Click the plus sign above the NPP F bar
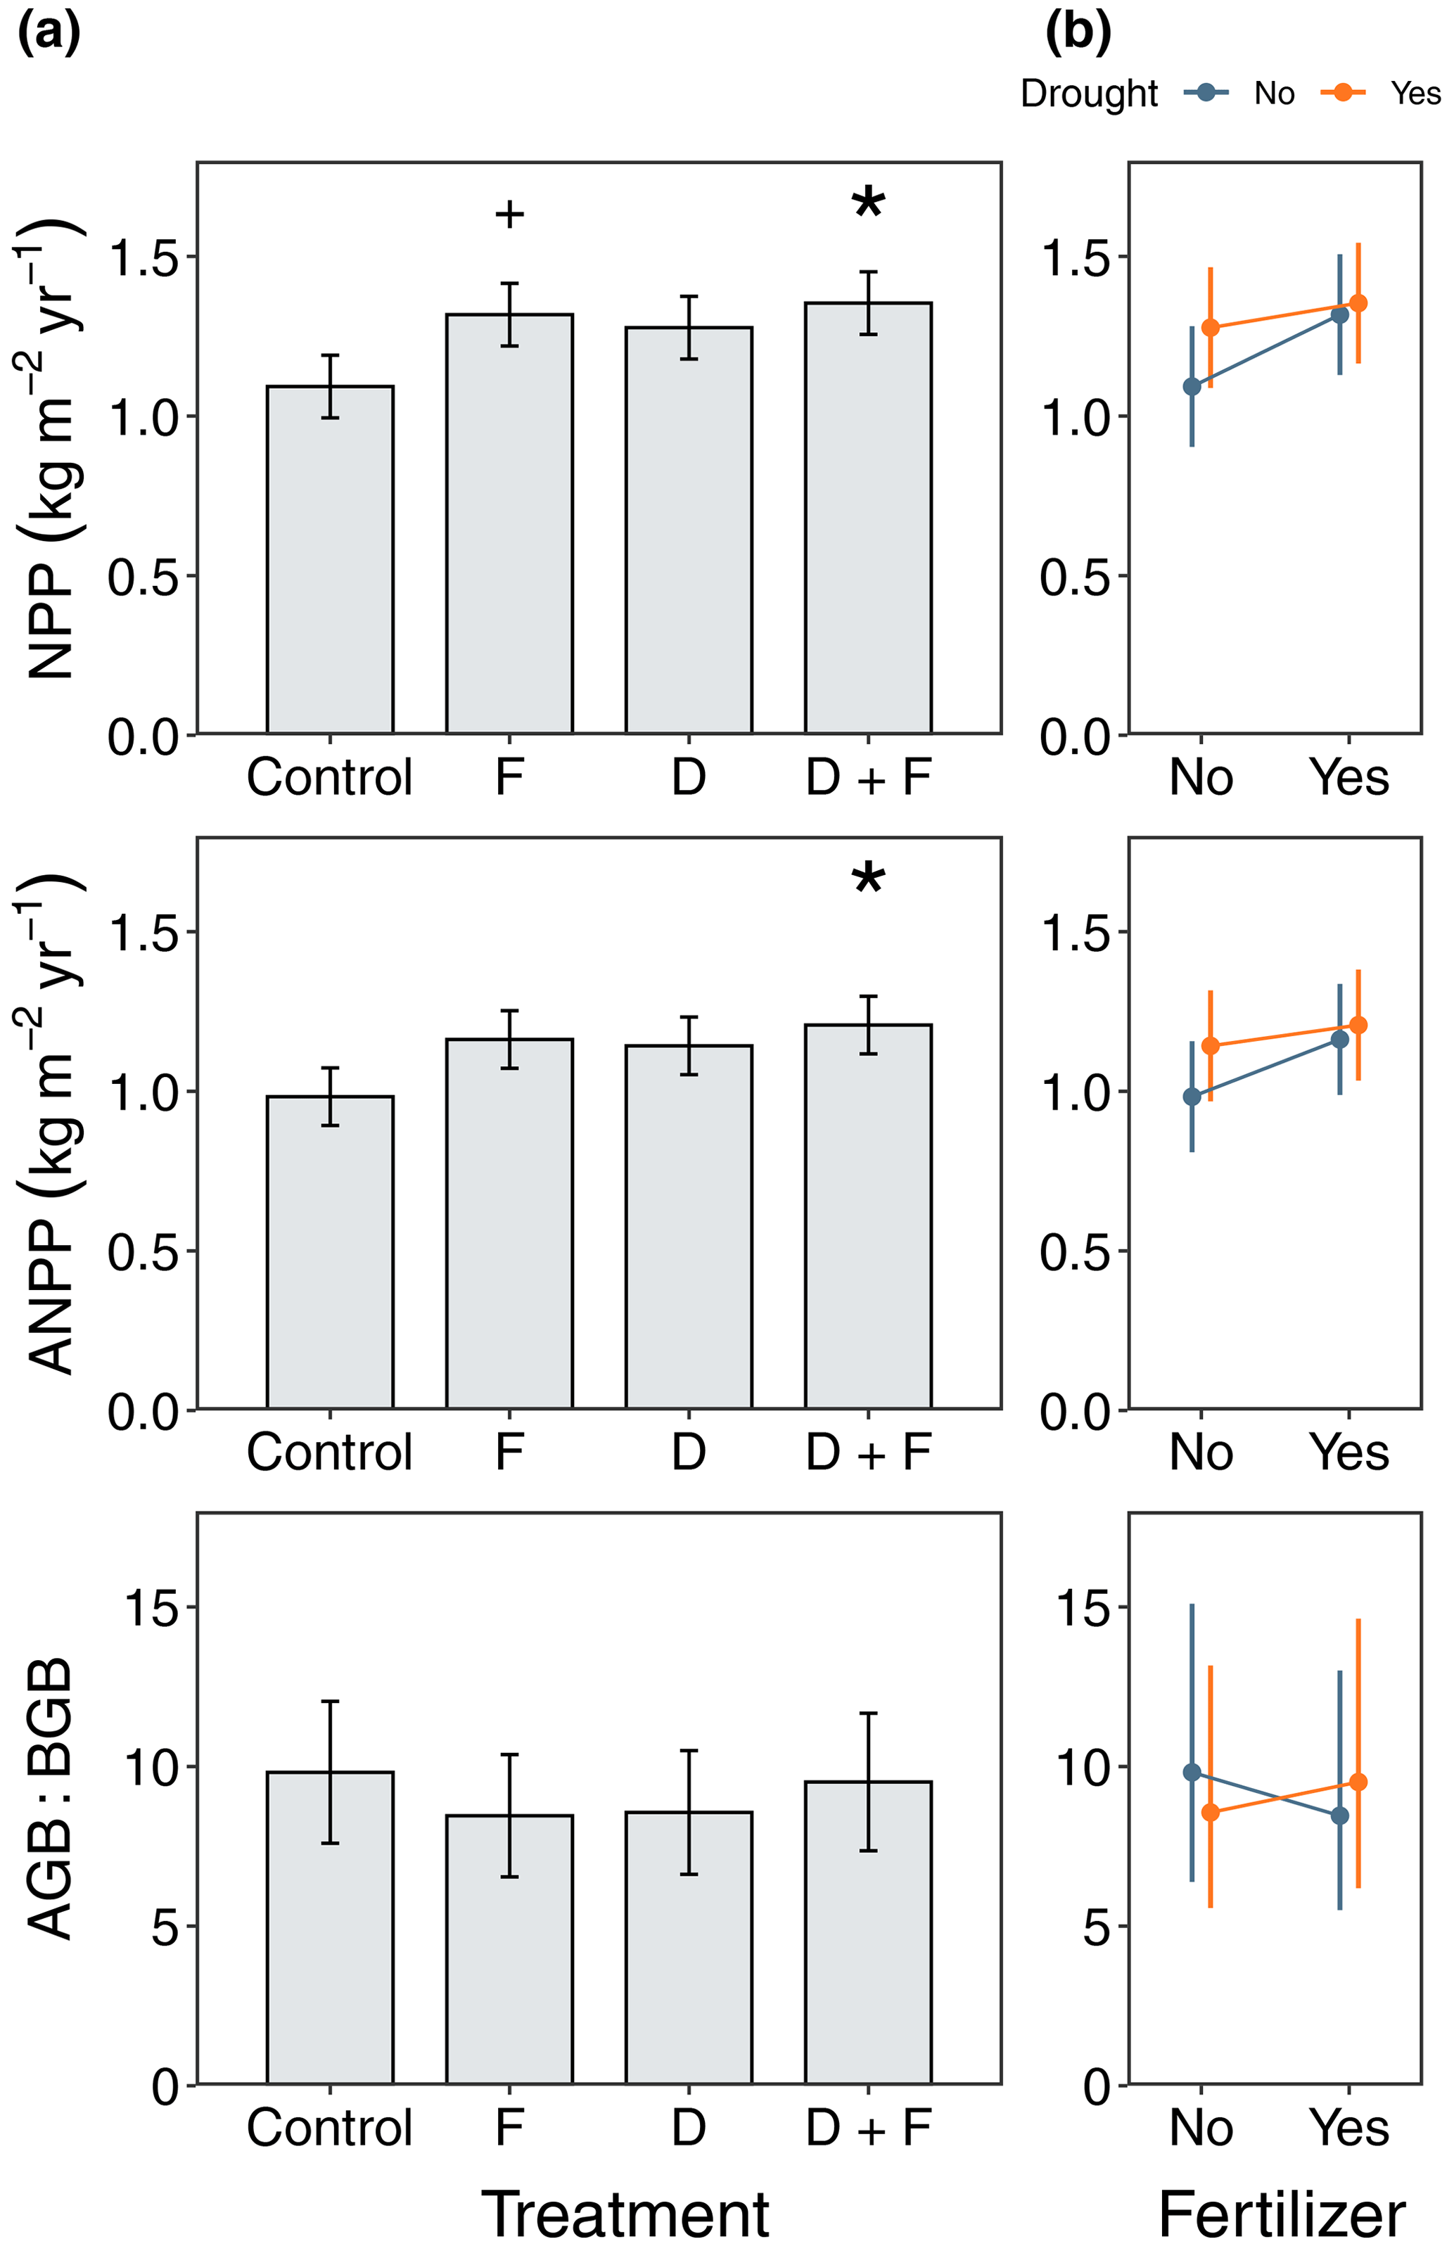pyautogui.click(x=509, y=215)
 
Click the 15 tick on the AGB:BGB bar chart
pyautogui.click(x=151, y=1608)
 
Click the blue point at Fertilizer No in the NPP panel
pyautogui.click(x=1192, y=386)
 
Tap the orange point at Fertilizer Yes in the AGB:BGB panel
pyautogui.click(x=1358, y=1782)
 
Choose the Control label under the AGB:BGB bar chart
pyautogui.click(x=329, y=2127)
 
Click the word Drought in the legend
pyautogui.click(x=1089, y=94)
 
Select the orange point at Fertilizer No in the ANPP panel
pyautogui.click(x=1210, y=1045)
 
